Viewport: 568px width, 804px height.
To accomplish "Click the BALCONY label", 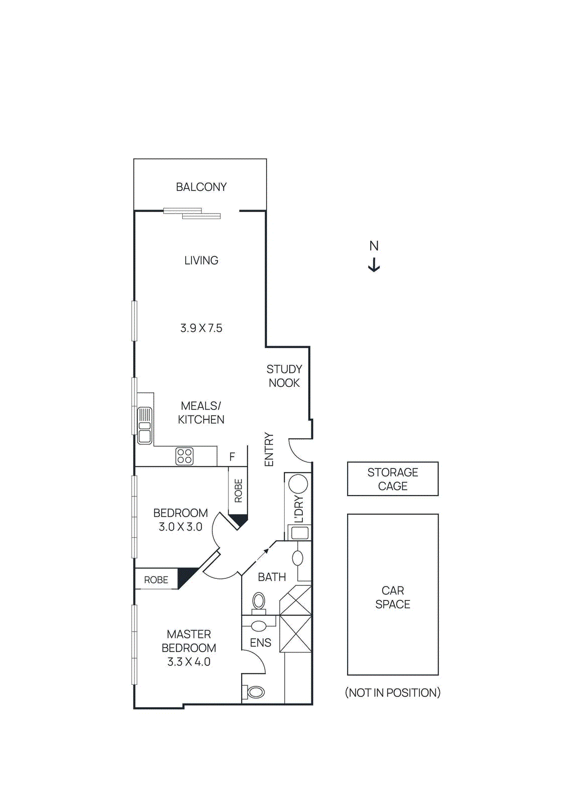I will point(201,187).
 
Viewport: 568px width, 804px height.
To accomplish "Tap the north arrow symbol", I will point(374,265).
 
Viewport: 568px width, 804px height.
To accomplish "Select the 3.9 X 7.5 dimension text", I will point(201,328).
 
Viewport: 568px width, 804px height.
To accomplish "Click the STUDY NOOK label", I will point(284,376).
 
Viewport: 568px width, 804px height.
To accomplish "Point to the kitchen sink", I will point(145,426).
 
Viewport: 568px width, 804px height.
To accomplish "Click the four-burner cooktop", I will point(184,456).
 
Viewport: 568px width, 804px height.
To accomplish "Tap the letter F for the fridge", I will point(232,457).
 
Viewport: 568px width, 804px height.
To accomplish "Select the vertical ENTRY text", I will point(269,449).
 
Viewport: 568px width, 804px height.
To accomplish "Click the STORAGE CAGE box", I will point(392,479).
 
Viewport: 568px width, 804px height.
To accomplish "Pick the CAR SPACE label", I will point(392,597).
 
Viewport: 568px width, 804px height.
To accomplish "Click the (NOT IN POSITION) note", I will point(392,692).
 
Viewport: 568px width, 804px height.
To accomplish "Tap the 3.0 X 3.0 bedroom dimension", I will point(180,527).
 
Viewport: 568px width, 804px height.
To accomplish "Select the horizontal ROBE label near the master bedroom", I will point(156,580).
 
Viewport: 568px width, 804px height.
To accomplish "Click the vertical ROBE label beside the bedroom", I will point(239,490).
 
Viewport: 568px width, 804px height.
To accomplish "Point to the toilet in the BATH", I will point(259,601).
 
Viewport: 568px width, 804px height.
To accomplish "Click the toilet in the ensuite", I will point(256,692).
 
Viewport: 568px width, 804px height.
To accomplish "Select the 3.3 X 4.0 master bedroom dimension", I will point(188,662).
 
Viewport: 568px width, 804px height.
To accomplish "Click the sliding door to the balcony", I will point(192,213).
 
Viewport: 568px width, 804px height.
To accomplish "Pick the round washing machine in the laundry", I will point(298,484).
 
